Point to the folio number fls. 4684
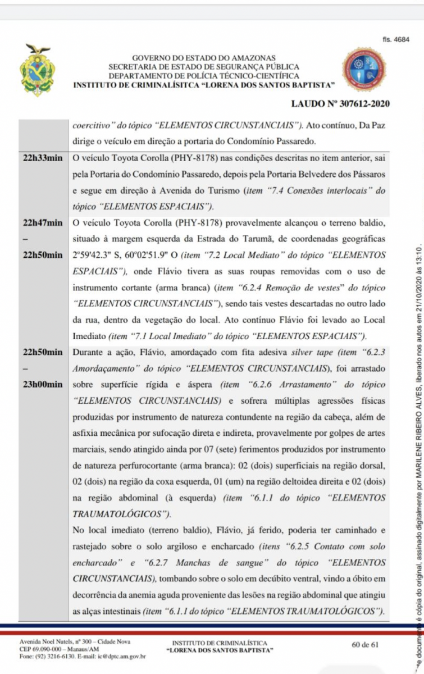395,40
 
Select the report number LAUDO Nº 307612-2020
340,104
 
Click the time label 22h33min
43,159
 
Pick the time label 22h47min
43,223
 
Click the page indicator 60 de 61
366,644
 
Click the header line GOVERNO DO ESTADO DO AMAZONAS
204,58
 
